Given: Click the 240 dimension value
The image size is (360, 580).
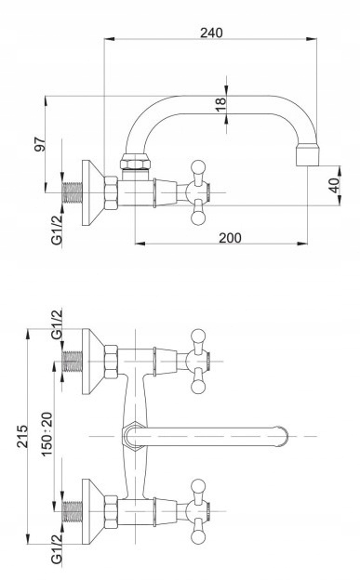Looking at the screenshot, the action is click(211, 33).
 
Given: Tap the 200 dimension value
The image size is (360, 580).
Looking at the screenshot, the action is click(230, 238).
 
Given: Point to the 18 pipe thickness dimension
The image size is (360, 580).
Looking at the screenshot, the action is click(220, 104).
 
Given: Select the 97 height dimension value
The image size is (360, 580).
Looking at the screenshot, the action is click(40, 144).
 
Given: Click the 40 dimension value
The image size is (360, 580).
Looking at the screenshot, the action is click(334, 186).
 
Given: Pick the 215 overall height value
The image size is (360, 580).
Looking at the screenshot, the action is click(21, 437).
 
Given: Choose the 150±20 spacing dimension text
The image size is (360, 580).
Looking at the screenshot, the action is click(47, 434).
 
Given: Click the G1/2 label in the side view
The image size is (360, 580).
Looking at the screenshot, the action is click(57, 230).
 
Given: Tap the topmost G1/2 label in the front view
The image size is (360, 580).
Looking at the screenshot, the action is click(57, 324).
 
